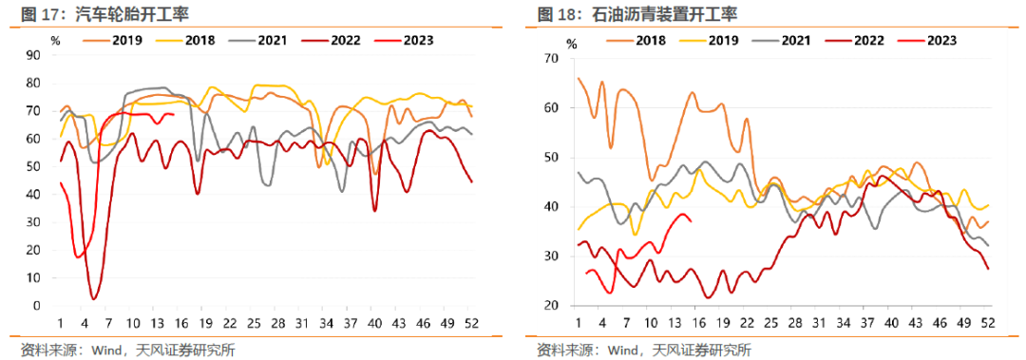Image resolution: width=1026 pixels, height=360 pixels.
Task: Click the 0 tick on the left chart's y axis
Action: (35, 306)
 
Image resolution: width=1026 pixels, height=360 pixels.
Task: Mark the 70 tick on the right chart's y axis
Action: (547, 58)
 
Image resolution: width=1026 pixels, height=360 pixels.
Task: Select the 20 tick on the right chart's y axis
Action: (547, 306)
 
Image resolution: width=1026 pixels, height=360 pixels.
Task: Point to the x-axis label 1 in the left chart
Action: (60, 322)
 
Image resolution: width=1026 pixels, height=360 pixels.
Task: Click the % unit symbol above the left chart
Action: (56, 41)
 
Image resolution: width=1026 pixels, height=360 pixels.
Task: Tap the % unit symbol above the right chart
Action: (571, 44)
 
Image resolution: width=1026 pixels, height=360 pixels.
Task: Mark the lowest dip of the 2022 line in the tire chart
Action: (94, 298)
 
